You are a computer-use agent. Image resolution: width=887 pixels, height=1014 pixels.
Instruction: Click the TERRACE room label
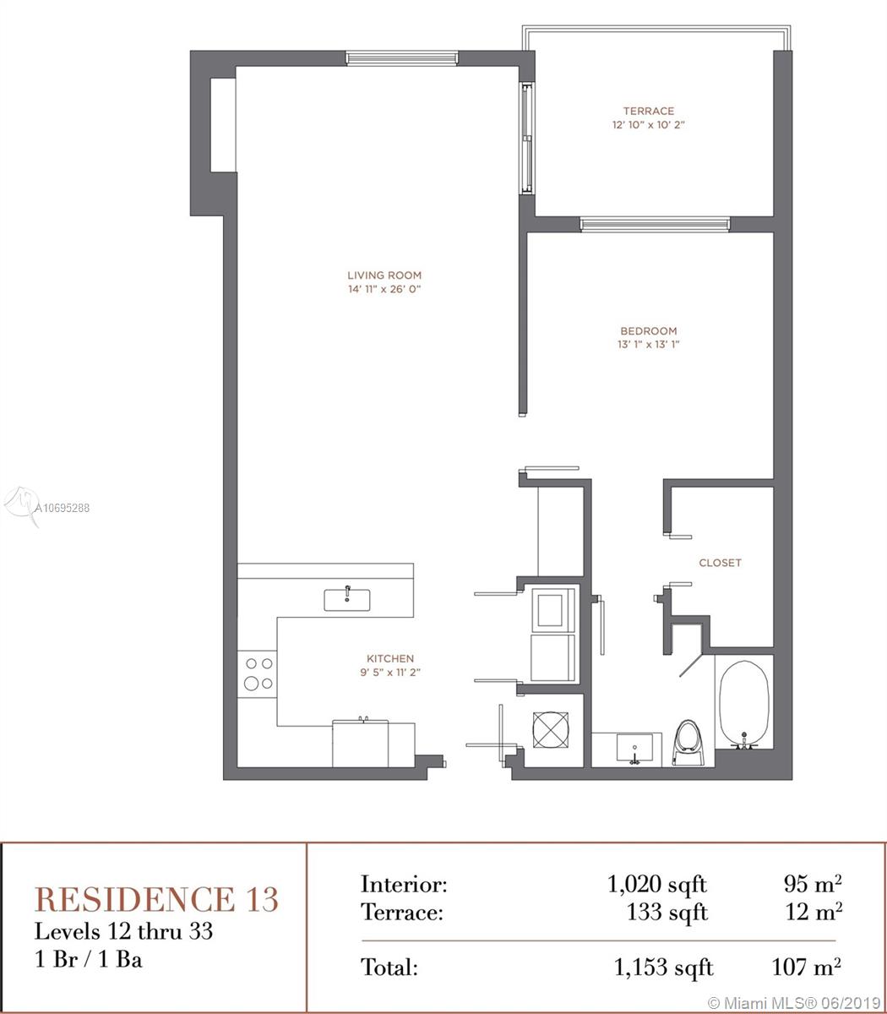(648, 111)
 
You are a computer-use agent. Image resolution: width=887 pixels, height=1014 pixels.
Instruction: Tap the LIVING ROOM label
(384, 275)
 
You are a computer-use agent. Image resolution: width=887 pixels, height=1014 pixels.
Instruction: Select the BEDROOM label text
(648, 331)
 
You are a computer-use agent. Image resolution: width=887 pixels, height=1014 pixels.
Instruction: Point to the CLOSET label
(720, 563)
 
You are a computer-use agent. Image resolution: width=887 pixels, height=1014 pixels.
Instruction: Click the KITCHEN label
(390, 658)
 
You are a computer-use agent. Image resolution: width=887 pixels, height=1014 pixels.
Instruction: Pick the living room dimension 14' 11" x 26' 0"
(384, 289)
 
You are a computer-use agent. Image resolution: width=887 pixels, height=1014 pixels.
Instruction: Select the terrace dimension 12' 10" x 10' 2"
(648, 124)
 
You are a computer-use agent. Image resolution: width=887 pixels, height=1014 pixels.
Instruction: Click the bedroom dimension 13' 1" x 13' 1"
(648, 344)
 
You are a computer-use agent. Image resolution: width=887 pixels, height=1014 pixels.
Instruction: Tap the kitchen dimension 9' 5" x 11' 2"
(390, 672)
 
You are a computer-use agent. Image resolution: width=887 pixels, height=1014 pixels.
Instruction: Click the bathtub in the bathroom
(743, 704)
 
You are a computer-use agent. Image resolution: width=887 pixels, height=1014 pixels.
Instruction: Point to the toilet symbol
(688, 744)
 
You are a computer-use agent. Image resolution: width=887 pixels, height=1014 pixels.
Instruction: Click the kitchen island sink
(347, 600)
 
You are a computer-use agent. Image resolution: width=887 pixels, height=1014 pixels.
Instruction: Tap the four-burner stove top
(257, 674)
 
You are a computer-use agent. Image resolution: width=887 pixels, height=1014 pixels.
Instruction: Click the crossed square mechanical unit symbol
(551, 730)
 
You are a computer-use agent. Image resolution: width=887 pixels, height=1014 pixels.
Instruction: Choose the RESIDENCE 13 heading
(156, 900)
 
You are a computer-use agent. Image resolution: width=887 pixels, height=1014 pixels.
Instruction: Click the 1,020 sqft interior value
(657, 885)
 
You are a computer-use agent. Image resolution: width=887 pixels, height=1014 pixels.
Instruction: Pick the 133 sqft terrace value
(667, 912)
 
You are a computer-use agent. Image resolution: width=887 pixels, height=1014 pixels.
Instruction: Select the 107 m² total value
(806, 967)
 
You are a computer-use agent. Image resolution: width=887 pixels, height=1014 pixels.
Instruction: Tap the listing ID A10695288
(62, 508)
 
